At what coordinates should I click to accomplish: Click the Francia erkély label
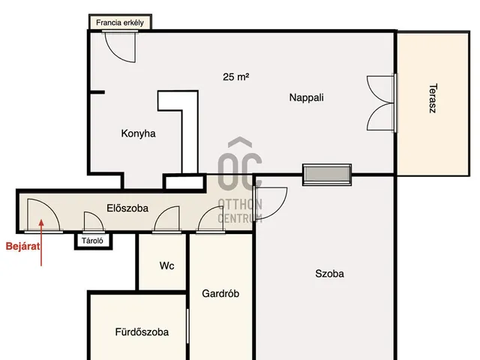(120, 23)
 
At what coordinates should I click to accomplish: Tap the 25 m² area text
(235, 76)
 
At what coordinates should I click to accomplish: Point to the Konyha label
(138, 133)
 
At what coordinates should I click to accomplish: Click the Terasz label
(433, 98)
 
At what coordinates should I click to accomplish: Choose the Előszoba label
(127, 208)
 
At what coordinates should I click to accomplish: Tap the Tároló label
(93, 241)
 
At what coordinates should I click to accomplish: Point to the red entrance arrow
(42, 250)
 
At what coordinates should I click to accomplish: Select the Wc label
(166, 266)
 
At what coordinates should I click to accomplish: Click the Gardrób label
(220, 294)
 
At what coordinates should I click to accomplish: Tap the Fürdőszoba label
(142, 332)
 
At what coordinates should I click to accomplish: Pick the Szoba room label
(329, 274)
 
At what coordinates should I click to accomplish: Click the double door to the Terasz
(380, 103)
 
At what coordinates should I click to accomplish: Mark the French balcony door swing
(120, 46)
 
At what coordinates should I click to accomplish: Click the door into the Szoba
(271, 203)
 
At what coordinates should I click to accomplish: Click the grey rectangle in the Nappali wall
(326, 175)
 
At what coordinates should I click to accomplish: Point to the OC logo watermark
(240, 169)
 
